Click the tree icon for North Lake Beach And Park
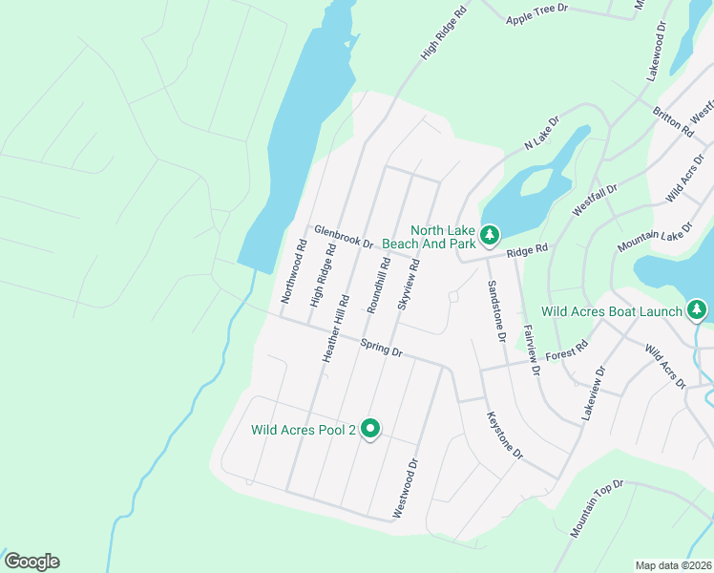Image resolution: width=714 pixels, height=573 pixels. click(490, 234)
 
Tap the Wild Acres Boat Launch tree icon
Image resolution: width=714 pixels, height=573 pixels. click(698, 309)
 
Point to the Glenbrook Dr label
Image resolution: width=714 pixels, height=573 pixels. click(343, 237)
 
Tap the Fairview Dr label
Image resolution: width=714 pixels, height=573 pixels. click(532, 349)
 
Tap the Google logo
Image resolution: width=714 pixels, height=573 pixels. click(31, 562)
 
